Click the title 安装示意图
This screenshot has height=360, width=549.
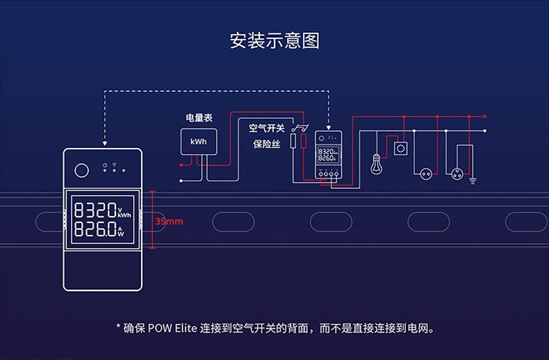(x=274, y=40)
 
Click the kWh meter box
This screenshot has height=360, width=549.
(x=199, y=142)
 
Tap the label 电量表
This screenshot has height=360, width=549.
(x=199, y=119)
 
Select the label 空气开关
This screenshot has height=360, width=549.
(x=266, y=128)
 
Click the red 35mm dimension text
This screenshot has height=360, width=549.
(x=169, y=221)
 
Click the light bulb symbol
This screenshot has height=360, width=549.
(x=377, y=164)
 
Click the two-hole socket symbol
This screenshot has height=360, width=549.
(x=424, y=170)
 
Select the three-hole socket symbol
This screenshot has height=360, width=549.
(x=459, y=170)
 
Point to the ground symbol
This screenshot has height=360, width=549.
(x=473, y=181)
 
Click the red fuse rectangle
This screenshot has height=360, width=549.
(x=303, y=142)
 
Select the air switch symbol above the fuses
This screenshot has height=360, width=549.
(x=300, y=128)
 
